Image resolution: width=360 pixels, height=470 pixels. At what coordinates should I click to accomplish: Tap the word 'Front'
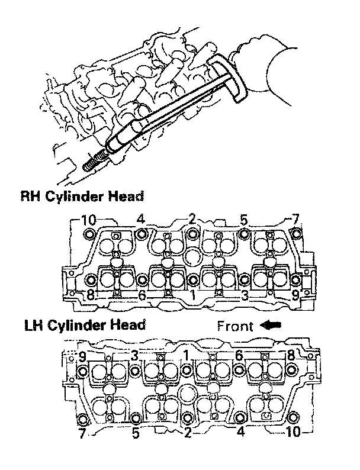pos(235,326)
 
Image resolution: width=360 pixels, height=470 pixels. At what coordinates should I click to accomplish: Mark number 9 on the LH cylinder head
pos(83,356)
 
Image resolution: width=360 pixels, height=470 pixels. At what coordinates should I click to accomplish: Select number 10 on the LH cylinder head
pos(292,433)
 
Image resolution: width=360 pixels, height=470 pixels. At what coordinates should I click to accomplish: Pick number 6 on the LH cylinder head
pos(239,356)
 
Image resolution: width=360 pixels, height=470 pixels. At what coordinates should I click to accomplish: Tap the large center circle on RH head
pos(192,257)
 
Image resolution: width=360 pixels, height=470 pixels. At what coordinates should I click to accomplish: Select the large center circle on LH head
pos(189,394)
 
